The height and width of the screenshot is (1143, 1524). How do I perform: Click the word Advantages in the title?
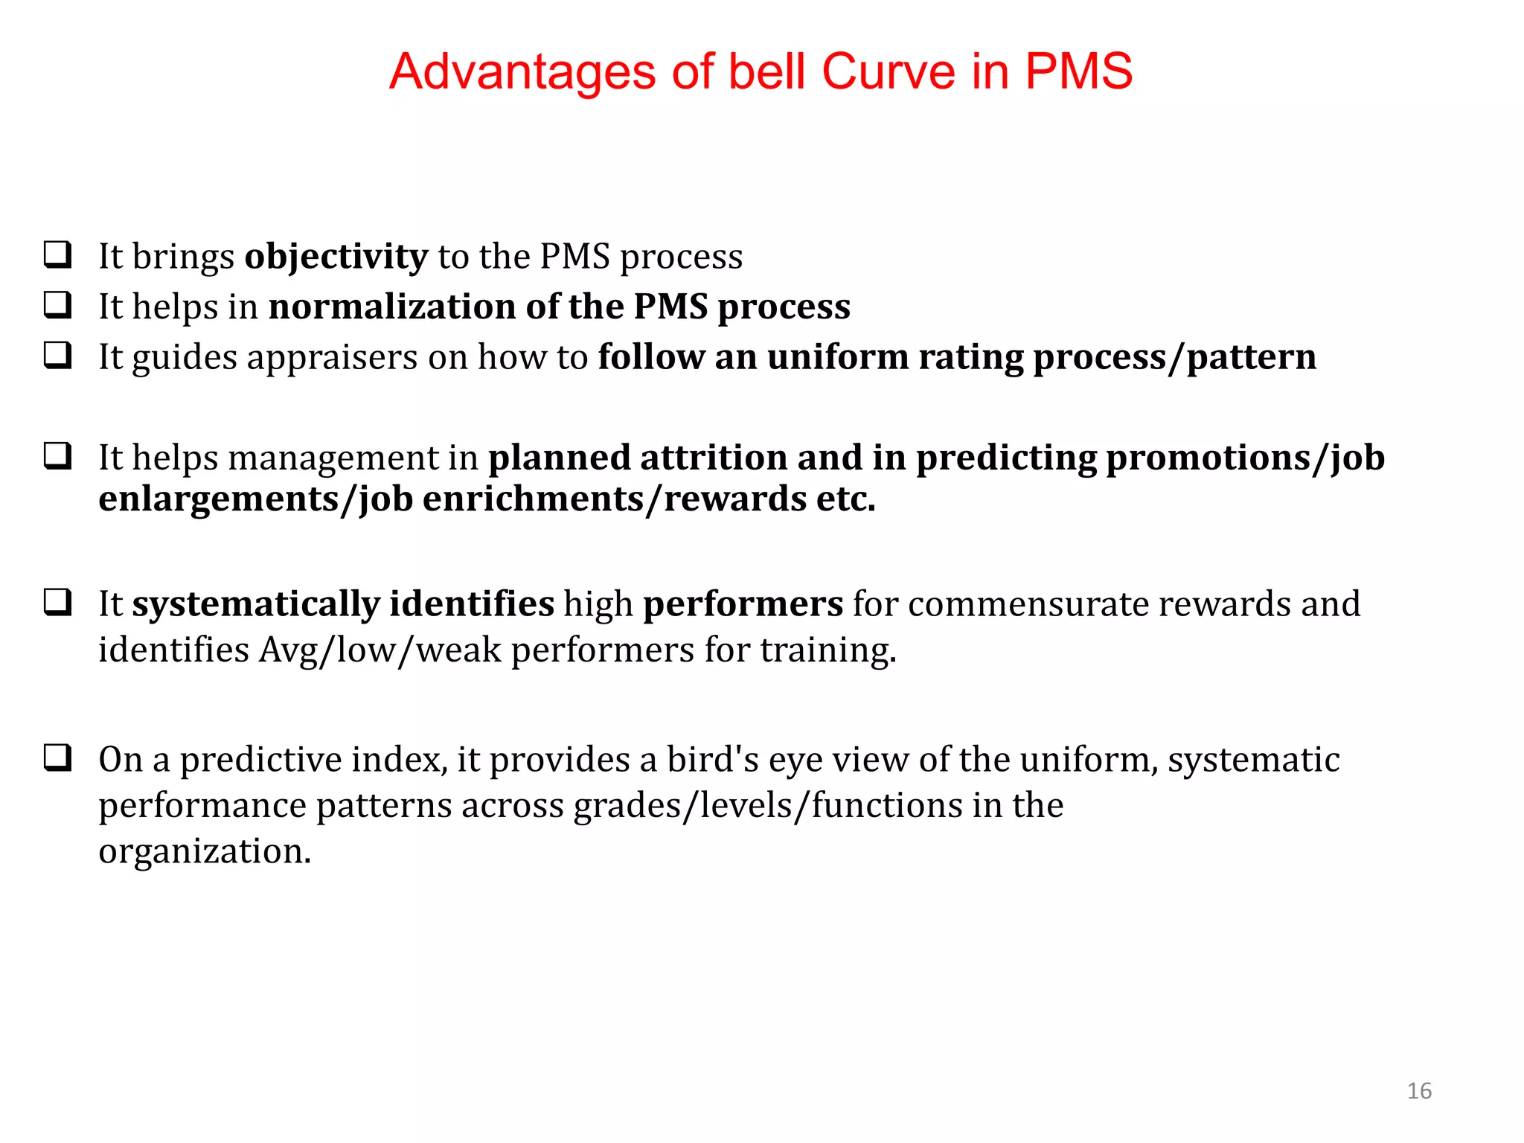(522, 72)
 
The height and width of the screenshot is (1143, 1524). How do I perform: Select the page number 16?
(1419, 1091)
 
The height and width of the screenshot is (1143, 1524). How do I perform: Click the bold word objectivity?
(336, 257)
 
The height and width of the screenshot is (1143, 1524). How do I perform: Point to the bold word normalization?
(392, 307)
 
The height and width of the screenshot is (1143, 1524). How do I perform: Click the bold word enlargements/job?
(255, 499)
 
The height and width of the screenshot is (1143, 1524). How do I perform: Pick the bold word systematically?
(256, 603)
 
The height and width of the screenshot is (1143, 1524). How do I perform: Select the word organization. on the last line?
(205, 851)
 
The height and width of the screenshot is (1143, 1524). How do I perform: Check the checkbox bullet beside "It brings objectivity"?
(58, 255)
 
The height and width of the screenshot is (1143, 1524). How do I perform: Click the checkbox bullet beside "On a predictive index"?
(58, 758)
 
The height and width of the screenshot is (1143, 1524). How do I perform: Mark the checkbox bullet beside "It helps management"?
(58, 456)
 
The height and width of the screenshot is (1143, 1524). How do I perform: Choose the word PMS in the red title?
(1078, 72)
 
